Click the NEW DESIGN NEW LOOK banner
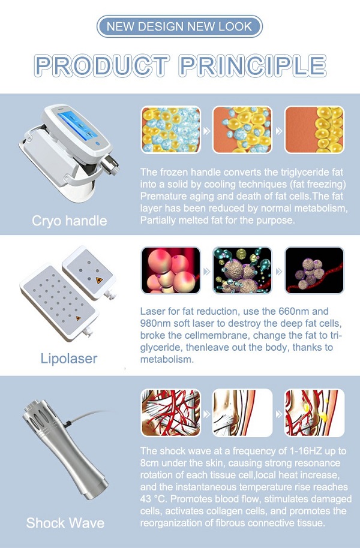[179, 26]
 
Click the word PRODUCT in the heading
[102, 65]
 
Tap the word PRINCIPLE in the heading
[253, 65]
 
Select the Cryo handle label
[69, 221]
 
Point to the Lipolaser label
[69, 359]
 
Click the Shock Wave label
[65, 523]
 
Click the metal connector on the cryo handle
[110, 165]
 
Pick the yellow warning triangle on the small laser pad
[100, 280]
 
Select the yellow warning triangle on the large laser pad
[78, 318]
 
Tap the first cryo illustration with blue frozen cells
[171, 130]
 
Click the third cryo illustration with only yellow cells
[314, 130]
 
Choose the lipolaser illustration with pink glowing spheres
[171, 270]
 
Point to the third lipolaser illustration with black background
[314, 270]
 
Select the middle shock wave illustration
[242, 412]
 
